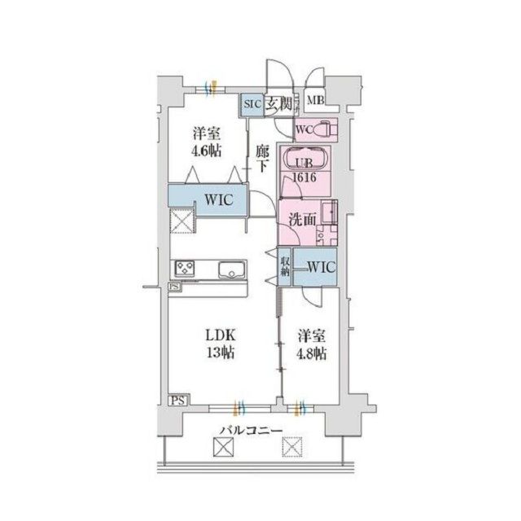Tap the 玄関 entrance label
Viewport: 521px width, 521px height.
[x=274, y=104]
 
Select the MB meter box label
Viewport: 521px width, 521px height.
[x=316, y=102]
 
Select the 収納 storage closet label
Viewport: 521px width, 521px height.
[x=286, y=266]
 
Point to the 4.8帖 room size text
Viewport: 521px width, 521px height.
[x=311, y=354]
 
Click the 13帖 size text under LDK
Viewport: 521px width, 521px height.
[x=220, y=353]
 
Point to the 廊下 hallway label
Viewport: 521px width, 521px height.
[x=261, y=158]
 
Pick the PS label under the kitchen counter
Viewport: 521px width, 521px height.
[x=175, y=287]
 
